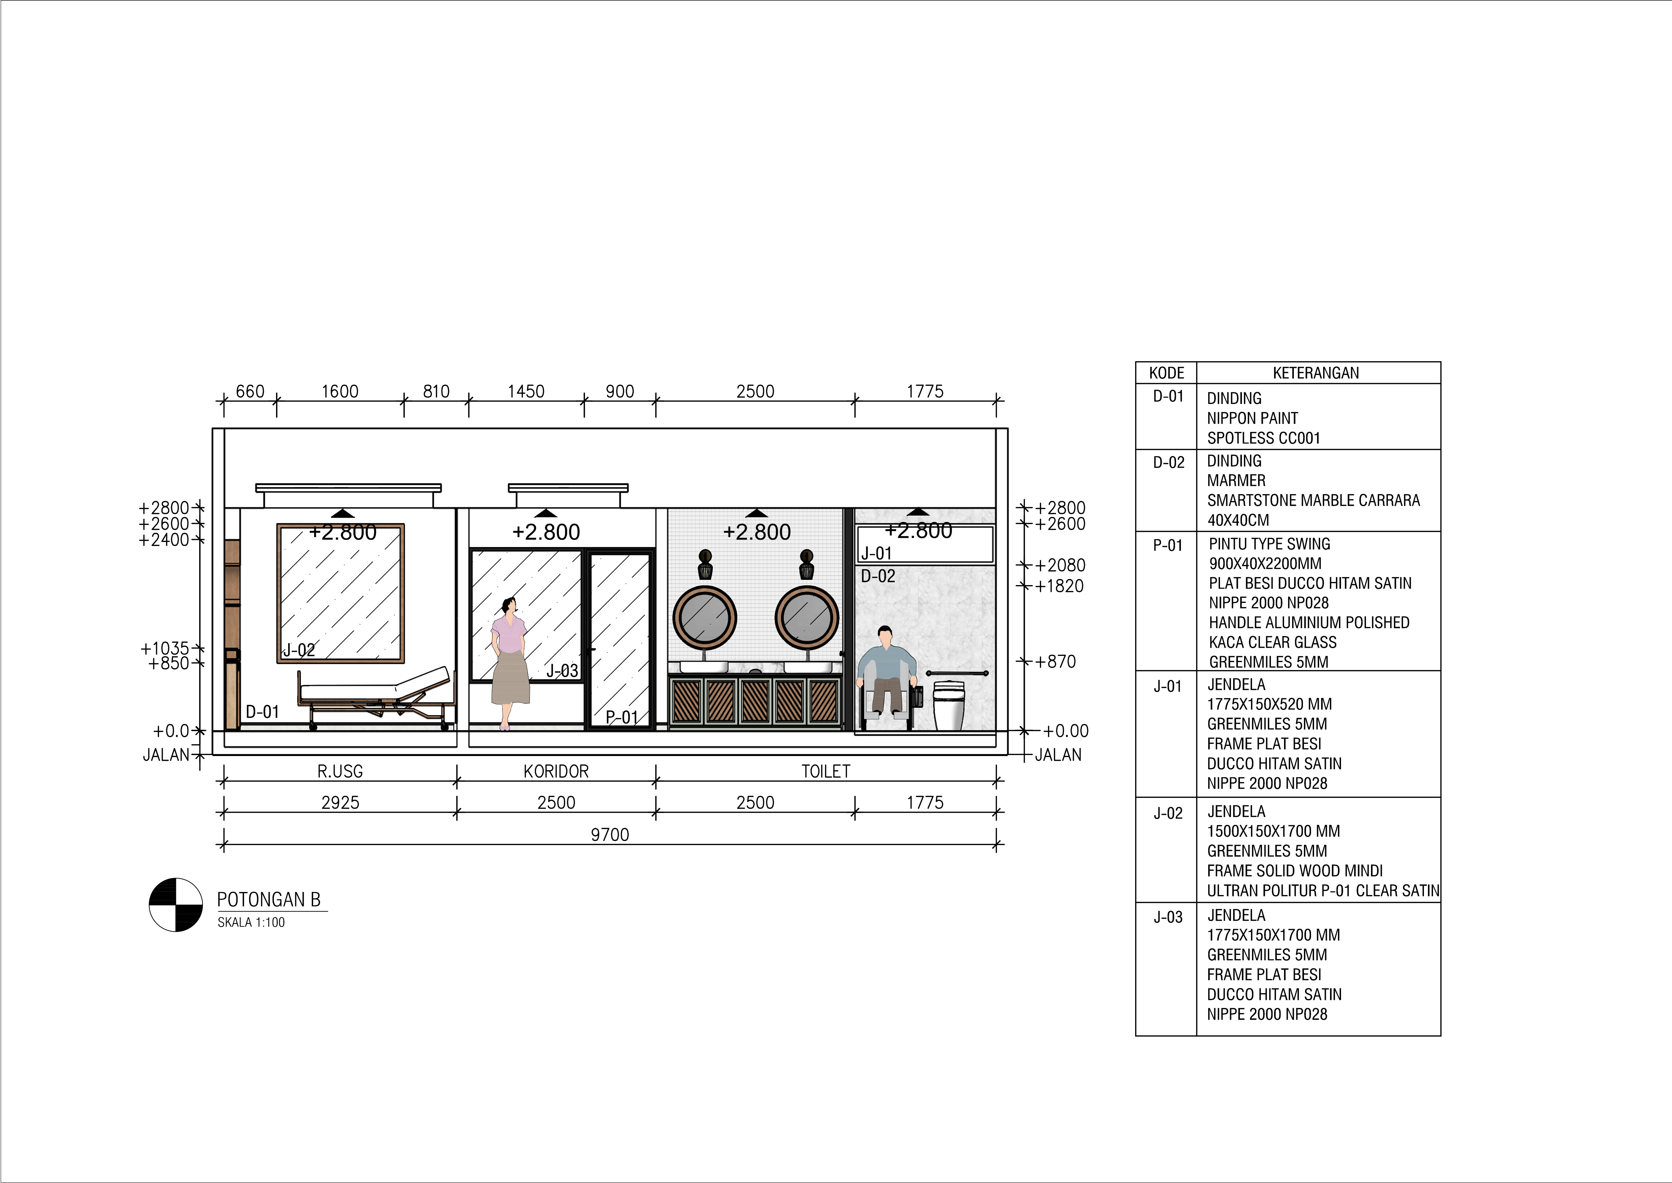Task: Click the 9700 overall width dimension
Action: pyautogui.click(x=610, y=835)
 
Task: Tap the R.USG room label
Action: pyautogui.click(x=340, y=771)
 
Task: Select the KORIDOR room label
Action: pyautogui.click(x=556, y=771)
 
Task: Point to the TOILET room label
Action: pyautogui.click(x=826, y=771)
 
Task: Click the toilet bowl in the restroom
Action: pyautogui.click(x=948, y=705)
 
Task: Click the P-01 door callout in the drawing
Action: pyautogui.click(x=622, y=718)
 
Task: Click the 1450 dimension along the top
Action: pyautogui.click(x=526, y=391)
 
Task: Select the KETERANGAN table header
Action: pyautogui.click(x=1316, y=373)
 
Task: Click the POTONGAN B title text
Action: pyautogui.click(x=269, y=900)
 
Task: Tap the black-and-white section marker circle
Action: pyautogui.click(x=176, y=905)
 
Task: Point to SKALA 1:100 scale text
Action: pyautogui.click(x=251, y=922)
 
